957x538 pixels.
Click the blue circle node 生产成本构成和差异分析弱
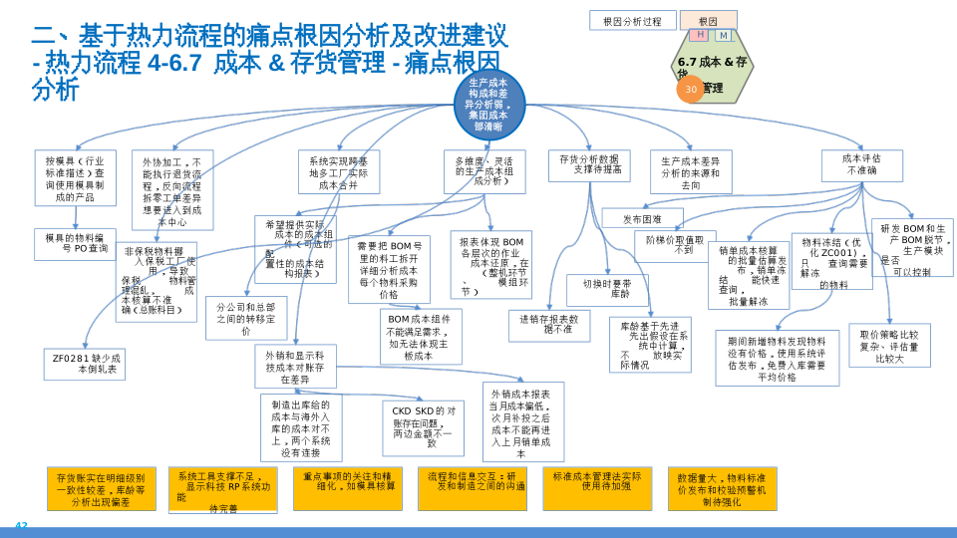488,105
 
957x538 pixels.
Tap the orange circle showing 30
691,90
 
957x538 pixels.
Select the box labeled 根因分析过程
632,20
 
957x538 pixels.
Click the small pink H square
701,35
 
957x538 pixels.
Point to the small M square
723,35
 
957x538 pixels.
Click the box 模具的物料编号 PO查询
75,243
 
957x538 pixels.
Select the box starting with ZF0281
85,364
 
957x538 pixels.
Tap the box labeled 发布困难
642,218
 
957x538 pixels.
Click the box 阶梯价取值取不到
675,245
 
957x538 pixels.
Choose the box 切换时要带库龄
607,289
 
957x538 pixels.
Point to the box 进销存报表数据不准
549,325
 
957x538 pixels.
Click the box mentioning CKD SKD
423,427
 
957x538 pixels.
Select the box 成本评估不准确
861,164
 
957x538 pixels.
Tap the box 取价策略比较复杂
889,345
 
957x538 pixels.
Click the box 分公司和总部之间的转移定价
246,318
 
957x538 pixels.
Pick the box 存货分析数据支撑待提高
588,164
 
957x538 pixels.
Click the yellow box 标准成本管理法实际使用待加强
597,482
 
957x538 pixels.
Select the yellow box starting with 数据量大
722,489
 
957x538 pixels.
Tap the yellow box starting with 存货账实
101,489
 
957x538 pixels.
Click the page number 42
21,525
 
